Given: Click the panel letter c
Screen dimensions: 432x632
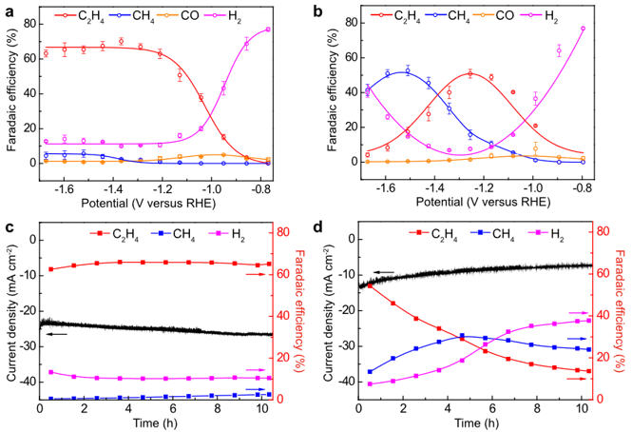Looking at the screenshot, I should (x=9, y=230).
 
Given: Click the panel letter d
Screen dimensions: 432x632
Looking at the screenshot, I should (x=328, y=230).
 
